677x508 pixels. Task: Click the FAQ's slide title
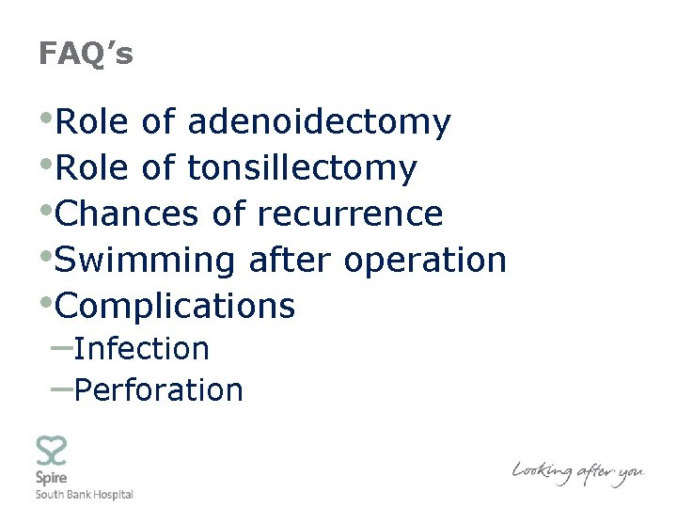(x=86, y=55)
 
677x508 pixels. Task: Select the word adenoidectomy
(x=320, y=122)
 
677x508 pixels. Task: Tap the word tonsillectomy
(x=302, y=168)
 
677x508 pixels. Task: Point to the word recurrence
(x=350, y=214)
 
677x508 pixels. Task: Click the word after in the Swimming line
(x=291, y=260)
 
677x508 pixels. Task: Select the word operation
(x=426, y=261)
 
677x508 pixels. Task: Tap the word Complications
(x=176, y=307)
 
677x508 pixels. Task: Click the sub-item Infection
(x=141, y=349)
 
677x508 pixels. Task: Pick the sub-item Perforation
(x=158, y=389)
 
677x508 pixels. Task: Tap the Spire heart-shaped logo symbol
(x=51, y=452)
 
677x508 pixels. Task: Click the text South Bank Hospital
(x=84, y=495)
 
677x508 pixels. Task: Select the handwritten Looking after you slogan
(x=577, y=471)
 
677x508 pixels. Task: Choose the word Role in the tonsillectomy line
(x=93, y=168)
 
